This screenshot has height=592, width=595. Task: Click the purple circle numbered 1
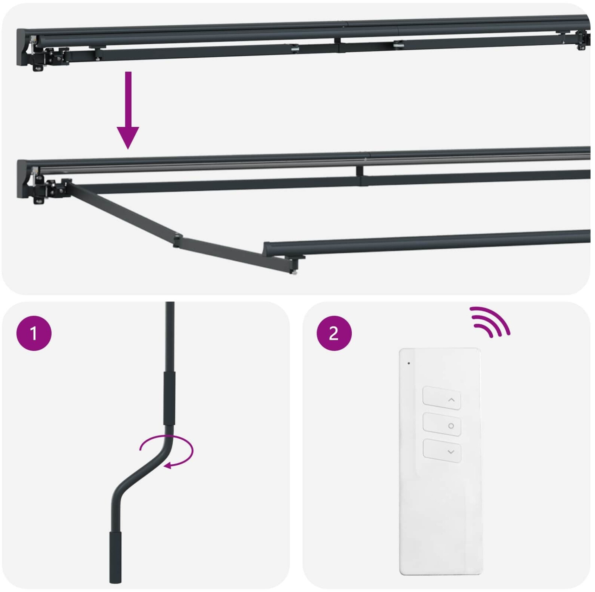(34, 333)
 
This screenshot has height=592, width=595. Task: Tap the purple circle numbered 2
(334, 333)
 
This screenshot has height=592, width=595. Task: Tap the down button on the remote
(442, 451)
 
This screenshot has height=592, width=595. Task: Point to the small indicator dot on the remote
(409, 363)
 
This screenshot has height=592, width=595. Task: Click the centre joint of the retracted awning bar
(338, 44)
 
